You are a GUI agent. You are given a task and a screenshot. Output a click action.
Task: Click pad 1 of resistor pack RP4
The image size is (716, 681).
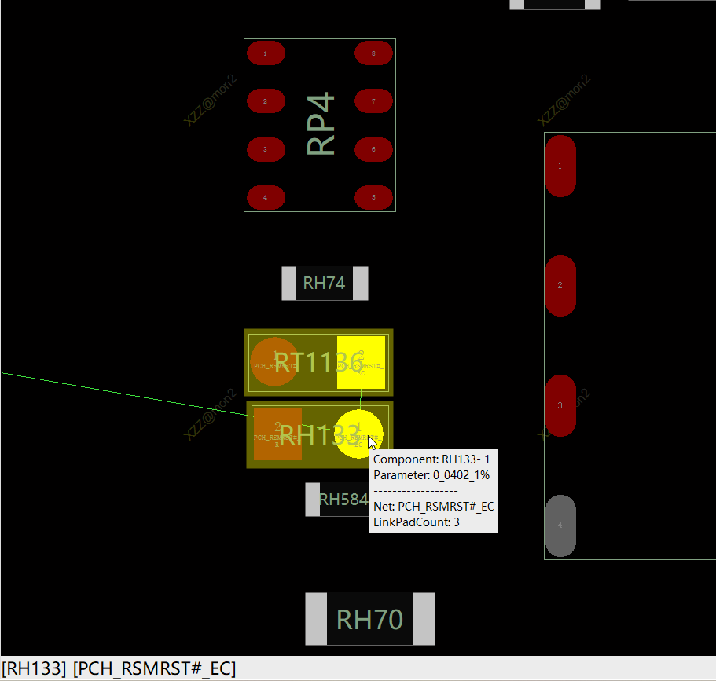(x=266, y=53)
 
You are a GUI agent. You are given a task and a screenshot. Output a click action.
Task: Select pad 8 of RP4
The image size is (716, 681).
(x=373, y=53)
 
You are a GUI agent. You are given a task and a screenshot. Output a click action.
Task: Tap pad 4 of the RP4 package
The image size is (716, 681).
(x=266, y=197)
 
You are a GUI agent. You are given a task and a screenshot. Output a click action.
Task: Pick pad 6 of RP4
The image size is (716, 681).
(x=373, y=149)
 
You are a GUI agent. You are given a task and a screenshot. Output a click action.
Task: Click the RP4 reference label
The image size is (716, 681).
(x=321, y=124)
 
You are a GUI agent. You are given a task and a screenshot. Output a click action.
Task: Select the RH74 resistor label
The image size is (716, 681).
(x=324, y=284)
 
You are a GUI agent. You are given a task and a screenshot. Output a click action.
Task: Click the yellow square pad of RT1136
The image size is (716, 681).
(x=361, y=362)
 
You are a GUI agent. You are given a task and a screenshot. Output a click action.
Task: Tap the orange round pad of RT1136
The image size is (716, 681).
(x=274, y=362)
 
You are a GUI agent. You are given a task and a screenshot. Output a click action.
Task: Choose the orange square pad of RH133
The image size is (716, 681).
(x=277, y=434)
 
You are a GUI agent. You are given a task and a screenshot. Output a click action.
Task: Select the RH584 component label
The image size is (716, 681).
(x=343, y=500)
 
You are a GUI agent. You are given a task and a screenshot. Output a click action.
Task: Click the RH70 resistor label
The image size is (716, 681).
(x=369, y=620)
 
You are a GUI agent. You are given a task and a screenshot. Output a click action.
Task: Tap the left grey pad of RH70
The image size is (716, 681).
(x=316, y=619)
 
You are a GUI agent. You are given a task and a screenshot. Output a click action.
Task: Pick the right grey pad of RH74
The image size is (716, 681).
(x=360, y=284)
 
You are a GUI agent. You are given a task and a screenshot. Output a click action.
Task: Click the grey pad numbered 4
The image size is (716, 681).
(x=560, y=525)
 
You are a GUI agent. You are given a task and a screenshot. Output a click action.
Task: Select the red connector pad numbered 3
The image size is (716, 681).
(x=560, y=405)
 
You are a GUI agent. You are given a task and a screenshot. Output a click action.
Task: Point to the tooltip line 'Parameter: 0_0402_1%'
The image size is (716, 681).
(x=431, y=475)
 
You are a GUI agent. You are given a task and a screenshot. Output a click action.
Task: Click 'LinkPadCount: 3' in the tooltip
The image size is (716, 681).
(x=417, y=522)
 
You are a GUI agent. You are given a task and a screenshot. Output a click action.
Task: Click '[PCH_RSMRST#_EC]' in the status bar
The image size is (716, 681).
(x=154, y=668)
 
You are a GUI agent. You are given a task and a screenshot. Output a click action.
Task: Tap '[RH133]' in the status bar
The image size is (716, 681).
(x=35, y=668)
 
